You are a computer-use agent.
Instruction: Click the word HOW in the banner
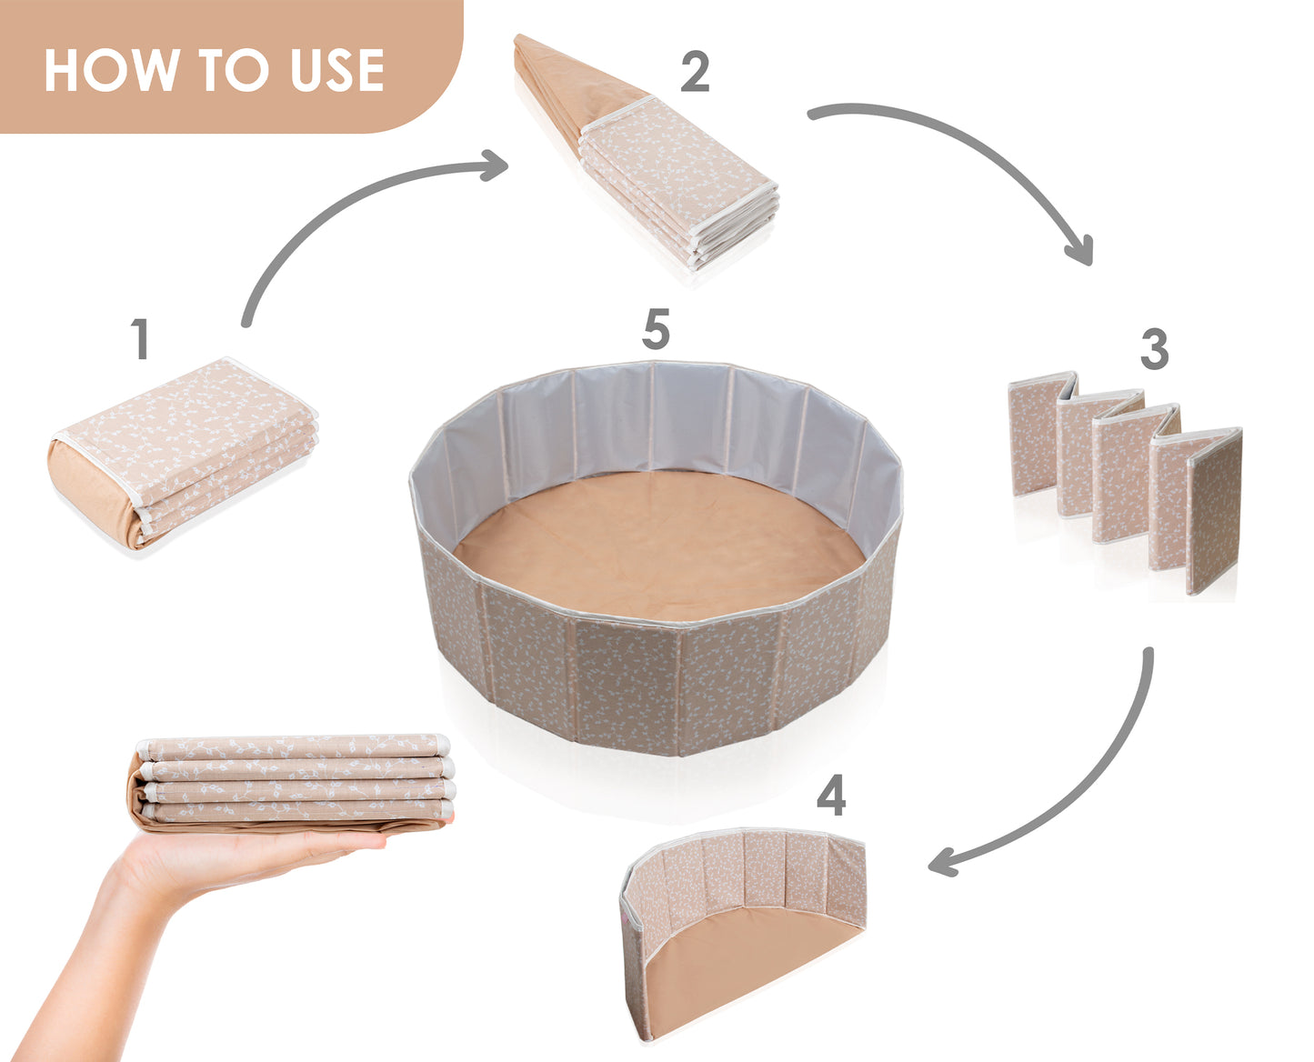coord(112,70)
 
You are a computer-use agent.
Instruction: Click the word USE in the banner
coord(336,70)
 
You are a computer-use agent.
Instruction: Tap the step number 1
coord(141,338)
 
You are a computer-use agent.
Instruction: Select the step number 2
coord(695,72)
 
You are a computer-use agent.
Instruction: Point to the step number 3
coord(1154,348)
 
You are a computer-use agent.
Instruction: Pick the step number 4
coord(830,795)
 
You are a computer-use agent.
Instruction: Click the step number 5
coord(656,329)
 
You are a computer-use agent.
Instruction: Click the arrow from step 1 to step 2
coord(346,197)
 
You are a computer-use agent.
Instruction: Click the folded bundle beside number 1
coord(183,454)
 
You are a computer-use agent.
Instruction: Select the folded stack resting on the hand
coord(291,782)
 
